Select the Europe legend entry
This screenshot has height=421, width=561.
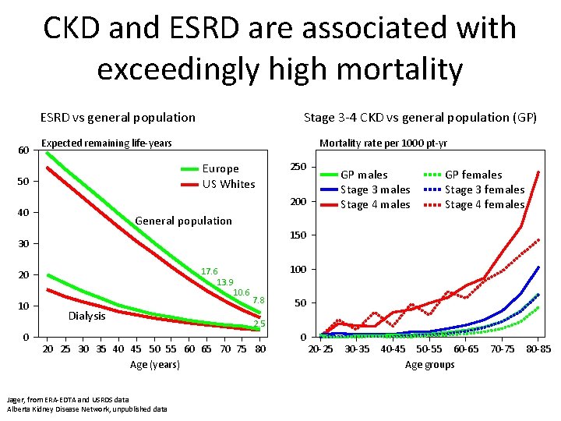point(220,168)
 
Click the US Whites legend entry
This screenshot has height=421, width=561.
point(228,184)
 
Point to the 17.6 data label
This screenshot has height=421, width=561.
point(209,271)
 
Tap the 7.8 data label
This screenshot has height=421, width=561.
point(259,300)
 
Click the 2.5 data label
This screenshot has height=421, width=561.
point(259,324)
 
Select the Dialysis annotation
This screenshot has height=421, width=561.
point(86,316)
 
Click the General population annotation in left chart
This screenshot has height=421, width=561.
point(183,221)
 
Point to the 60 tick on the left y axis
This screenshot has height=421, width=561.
point(23,150)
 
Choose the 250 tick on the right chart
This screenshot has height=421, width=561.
point(298,168)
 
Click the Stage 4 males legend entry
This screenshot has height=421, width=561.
point(375,204)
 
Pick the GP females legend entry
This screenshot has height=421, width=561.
point(473,175)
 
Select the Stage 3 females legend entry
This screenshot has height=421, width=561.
point(484,189)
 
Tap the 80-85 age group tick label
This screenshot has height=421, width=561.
point(538,349)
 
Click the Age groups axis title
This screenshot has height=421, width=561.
point(429,365)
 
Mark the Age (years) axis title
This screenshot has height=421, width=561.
point(153,364)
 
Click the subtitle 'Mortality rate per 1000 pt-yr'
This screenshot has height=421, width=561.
point(383,143)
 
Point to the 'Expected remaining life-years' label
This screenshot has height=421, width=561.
point(106,143)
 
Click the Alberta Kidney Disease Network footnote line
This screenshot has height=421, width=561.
point(86,409)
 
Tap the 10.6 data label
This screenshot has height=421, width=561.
point(242,292)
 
